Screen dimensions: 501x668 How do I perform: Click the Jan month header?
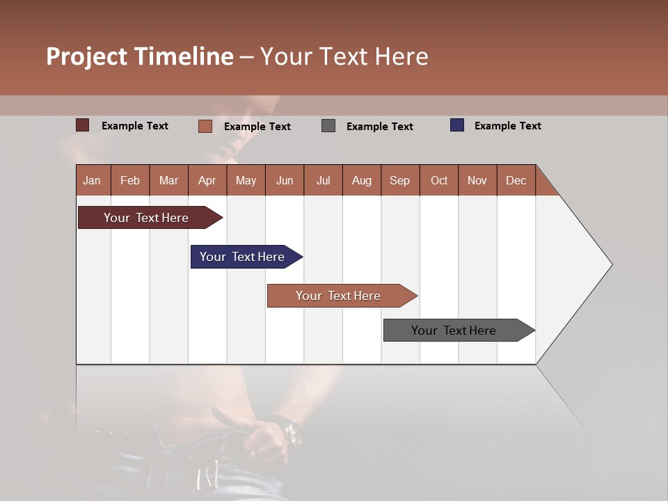[93, 180]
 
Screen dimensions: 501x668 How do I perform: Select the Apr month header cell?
[207, 180]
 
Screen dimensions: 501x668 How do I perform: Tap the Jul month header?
[323, 180]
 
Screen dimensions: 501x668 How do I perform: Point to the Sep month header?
[399, 180]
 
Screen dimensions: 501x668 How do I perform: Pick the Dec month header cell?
[516, 180]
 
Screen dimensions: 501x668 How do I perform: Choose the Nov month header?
[477, 180]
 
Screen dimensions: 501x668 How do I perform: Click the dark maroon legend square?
[82, 125]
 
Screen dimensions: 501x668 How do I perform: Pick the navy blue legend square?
[456, 125]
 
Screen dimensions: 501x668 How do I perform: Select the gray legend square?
[328, 126]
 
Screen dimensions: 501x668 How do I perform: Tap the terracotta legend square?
[205, 126]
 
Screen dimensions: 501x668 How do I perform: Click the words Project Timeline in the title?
[139, 56]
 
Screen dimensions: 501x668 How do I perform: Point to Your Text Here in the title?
[344, 56]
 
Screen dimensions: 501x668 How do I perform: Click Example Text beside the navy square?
[507, 126]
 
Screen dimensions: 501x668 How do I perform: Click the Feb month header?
[130, 180]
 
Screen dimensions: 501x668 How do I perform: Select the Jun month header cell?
[285, 180]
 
